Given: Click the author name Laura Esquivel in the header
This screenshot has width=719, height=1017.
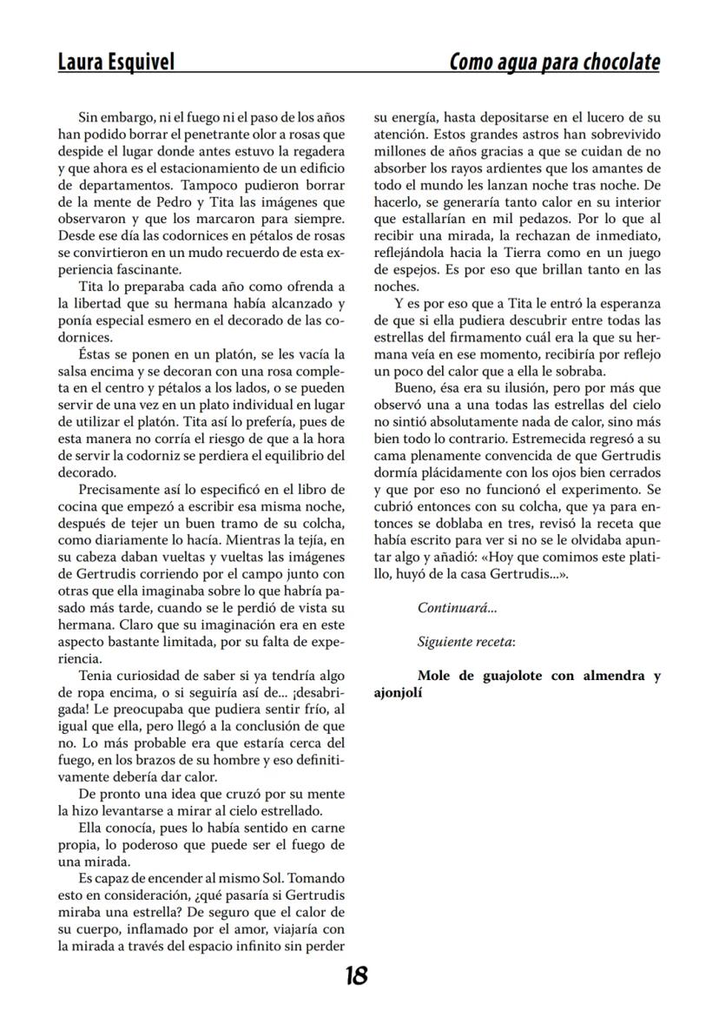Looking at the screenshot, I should (x=115, y=63).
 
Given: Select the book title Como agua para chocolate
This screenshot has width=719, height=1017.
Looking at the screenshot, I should (x=554, y=63).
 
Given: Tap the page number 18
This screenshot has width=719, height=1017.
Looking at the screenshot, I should (x=355, y=975).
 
